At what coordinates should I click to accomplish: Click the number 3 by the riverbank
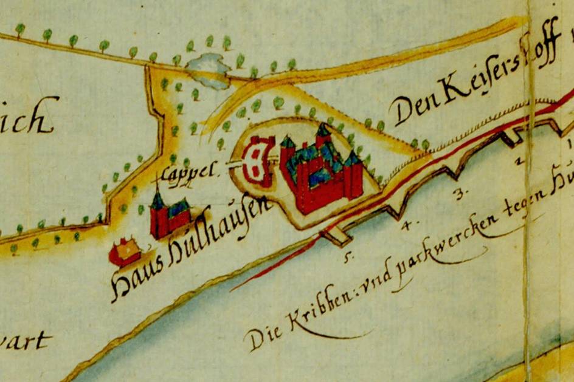pos(460,194)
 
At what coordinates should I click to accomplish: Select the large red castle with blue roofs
pos(322,170)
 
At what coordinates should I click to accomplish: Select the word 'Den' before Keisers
pos(411,109)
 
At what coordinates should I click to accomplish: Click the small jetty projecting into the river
pos(334,236)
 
